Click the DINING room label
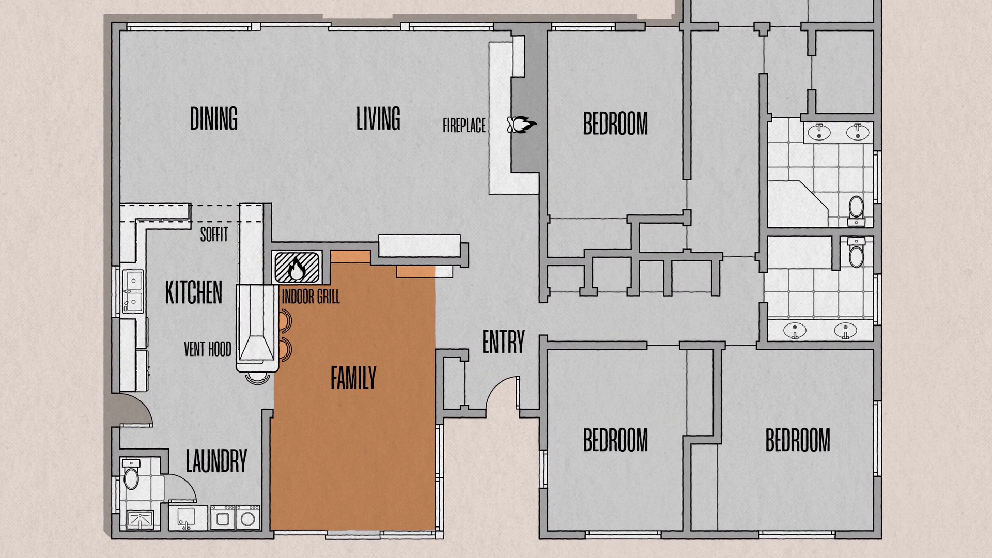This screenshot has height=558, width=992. click(x=214, y=118)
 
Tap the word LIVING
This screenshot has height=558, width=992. click(x=378, y=118)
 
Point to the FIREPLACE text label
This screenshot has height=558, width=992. click(x=464, y=126)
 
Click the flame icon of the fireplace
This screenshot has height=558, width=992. click(x=522, y=125)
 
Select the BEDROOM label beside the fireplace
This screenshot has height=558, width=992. click(x=615, y=123)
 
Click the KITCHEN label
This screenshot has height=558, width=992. click(x=194, y=292)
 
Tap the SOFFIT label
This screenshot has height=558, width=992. click(x=214, y=235)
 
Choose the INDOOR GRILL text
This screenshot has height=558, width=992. click(x=311, y=297)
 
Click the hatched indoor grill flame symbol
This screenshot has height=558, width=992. click(x=297, y=267)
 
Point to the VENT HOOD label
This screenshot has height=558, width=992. click(x=208, y=350)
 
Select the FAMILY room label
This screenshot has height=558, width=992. click(x=353, y=378)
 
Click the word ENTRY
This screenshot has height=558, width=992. click(x=504, y=342)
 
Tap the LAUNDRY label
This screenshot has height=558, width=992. click(x=216, y=461)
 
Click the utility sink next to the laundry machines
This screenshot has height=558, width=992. click(x=187, y=517)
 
